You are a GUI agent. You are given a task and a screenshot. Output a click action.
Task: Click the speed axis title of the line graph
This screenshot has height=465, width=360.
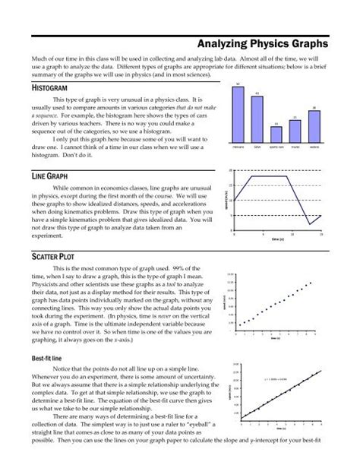[226, 199]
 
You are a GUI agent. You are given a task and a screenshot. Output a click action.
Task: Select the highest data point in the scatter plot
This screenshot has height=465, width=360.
[310, 283]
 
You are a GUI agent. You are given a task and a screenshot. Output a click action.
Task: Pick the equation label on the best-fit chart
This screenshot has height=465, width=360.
[276, 378]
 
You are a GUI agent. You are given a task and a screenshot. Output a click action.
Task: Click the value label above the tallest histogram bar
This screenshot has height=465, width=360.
[238, 84]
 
